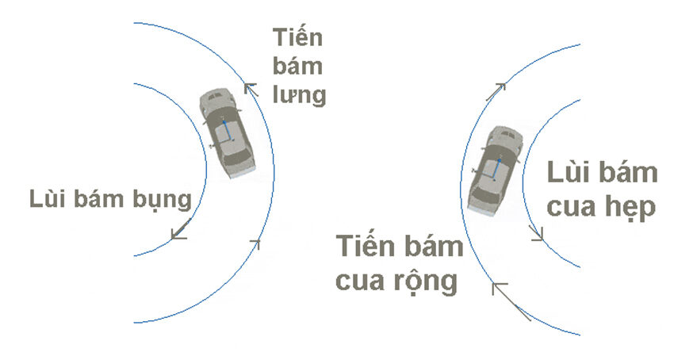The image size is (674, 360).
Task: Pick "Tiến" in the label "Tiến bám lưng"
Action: [297, 37]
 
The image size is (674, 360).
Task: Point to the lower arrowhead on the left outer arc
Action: [255, 243]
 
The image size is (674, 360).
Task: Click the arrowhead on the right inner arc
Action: [537, 232]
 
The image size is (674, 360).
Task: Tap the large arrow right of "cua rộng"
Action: [507, 298]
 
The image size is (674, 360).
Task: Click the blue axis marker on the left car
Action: [225, 130]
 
